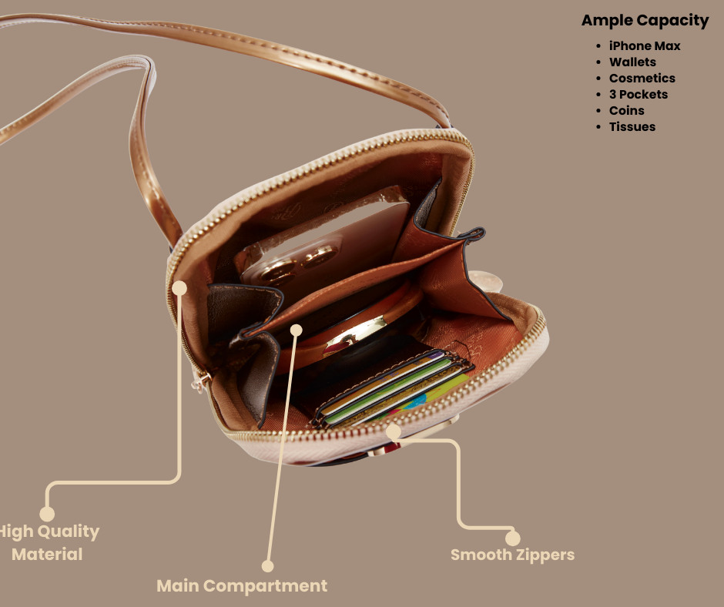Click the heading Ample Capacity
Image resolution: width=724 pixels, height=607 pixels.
coord(645,20)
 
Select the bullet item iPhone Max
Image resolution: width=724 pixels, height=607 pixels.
coord(645,45)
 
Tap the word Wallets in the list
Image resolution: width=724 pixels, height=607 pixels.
coord(632,62)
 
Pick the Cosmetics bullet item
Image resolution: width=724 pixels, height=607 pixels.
coord(642,78)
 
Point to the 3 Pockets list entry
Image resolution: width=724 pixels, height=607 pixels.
coord(639,94)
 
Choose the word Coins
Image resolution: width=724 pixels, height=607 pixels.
coord(627,110)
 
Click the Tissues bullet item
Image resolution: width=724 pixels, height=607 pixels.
coord(632,126)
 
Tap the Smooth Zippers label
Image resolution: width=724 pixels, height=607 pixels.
coord(512,555)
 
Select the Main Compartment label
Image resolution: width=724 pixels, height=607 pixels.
coord(242,585)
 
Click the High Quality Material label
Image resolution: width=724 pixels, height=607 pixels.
coord(49,543)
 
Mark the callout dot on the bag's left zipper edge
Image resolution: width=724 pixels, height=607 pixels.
coord(179,288)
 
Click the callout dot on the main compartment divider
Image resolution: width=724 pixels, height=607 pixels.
coord(297,330)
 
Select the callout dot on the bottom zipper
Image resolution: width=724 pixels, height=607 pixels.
coord(393,431)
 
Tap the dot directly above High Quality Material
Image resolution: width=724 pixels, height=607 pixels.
coord(47,514)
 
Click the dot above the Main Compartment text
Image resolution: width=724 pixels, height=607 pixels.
coord(268,566)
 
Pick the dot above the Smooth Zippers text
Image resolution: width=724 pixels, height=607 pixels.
coord(512,538)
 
